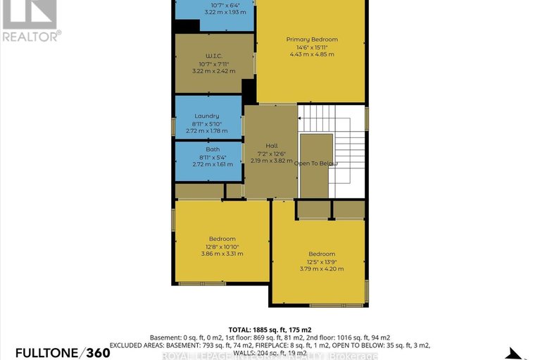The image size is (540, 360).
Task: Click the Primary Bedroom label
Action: (x=311, y=39)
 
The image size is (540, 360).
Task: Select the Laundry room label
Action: (x=207, y=116)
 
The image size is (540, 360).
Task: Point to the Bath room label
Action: (x=213, y=149)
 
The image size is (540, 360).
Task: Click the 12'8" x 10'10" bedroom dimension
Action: (x=222, y=246)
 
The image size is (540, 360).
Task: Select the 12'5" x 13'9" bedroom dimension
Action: (x=321, y=261)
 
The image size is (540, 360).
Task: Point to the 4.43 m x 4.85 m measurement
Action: (x=311, y=54)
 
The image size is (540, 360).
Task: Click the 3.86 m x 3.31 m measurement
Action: (x=222, y=254)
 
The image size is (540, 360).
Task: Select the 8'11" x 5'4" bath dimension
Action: (x=213, y=157)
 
